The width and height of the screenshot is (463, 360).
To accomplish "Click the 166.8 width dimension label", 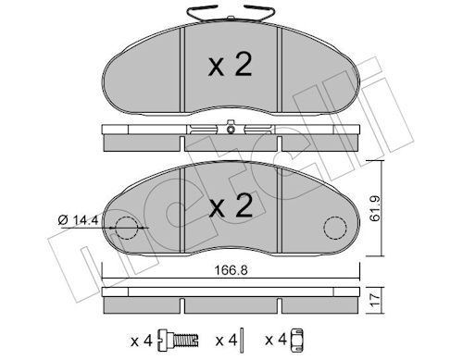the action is [x=231, y=270].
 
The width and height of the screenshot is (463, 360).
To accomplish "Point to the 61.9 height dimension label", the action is [x=375, y=208].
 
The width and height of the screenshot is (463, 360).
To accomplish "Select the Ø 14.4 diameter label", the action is [x=78, y=220].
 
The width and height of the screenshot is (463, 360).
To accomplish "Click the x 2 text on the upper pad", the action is [x=231, y=65].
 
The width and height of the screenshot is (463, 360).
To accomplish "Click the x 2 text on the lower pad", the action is [x=231, y=205].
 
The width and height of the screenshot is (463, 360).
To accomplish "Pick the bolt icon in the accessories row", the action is [x=178, y=341].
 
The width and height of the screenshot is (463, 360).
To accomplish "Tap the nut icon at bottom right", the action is [x=297, y=340].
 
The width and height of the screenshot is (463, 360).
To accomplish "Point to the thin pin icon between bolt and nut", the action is [x=243, y=340].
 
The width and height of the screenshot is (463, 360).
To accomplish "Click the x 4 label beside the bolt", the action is [x=142, y=341].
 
